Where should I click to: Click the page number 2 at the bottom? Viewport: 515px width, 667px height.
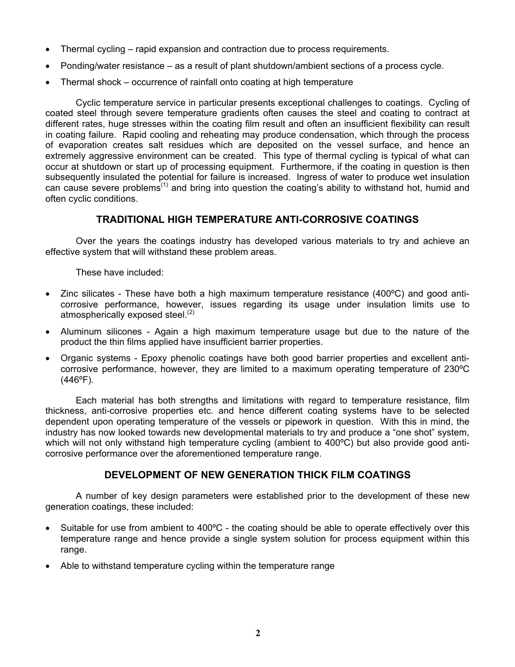point(258,633)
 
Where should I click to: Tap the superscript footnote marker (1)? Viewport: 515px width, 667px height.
point(165,185)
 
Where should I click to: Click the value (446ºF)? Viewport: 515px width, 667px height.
point(77,380)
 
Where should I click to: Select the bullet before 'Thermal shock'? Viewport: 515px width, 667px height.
point(49,82)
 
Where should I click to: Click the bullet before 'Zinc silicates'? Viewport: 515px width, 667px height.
point(49,294)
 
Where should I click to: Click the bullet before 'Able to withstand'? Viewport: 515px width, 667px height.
point(49,566)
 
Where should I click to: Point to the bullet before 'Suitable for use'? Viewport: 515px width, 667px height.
point(49,528)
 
